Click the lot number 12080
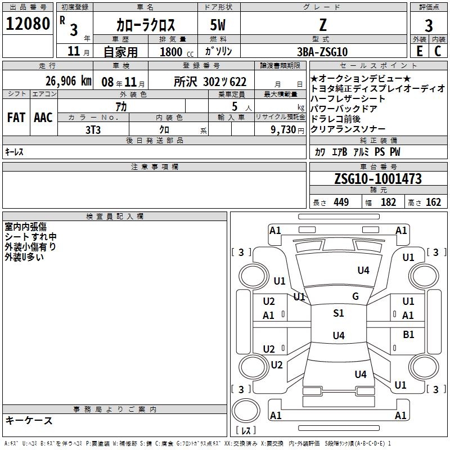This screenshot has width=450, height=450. (x=28, y=24)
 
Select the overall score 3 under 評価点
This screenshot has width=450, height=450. (x=429, y=25)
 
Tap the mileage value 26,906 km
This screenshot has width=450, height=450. (x=68, y=81)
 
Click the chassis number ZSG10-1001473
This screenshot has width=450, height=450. (x=378, y=178)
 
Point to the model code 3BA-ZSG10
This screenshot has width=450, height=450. (x=322, y=52)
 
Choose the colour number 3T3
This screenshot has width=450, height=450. (x=93, y=130)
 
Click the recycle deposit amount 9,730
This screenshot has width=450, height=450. (x=283, y=129)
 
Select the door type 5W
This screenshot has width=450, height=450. (x=218, y=25)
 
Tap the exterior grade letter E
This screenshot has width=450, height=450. (x=420, y=51)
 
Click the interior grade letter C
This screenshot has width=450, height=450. (x=438, y=51)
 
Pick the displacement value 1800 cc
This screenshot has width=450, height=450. (x=177, y=52)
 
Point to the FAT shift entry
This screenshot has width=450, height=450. (x=16, y=118)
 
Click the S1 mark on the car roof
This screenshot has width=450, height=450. (x=339, y=313)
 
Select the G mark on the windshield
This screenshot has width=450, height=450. (x=355, y=296)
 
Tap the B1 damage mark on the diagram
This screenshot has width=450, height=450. (x=408, y=334)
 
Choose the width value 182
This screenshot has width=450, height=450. (x=388, y=202)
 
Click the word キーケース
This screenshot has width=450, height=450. (x=29, y=420)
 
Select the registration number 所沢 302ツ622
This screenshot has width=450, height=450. (x=210, y=82)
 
